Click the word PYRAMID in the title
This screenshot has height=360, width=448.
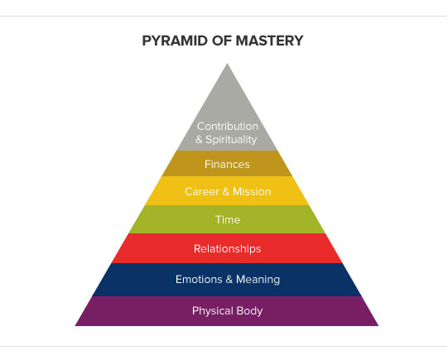(x=175, y=41)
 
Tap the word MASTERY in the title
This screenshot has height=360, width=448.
(x=269, y=41)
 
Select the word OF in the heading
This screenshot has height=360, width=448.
(x=222, y=41)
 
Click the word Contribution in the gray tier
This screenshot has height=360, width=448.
(x=228, y=126)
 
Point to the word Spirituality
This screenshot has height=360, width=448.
(x=231, y=140)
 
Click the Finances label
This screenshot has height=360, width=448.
(x=227, y=164)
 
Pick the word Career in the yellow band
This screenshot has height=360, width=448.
(x=202, y=191)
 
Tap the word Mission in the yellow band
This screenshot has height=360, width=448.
(x=252, y=191)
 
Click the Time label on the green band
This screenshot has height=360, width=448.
(x=228, y=219)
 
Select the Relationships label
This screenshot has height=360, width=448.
(x=228, y=248)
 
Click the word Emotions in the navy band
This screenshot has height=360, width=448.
(x=199, y=279)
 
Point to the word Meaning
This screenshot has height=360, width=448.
(x=258, y=280)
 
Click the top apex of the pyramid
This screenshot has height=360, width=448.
(x=227, y=64)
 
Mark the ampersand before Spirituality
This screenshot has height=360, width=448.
(x=199, y=140)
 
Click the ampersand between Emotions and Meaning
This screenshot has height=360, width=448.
(x=229, y=279)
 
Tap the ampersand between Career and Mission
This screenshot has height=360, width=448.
(x=226, y=191)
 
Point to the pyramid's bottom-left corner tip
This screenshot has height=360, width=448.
(x=75, y=325)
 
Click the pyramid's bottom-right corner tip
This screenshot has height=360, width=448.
(x=378, y=325)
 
